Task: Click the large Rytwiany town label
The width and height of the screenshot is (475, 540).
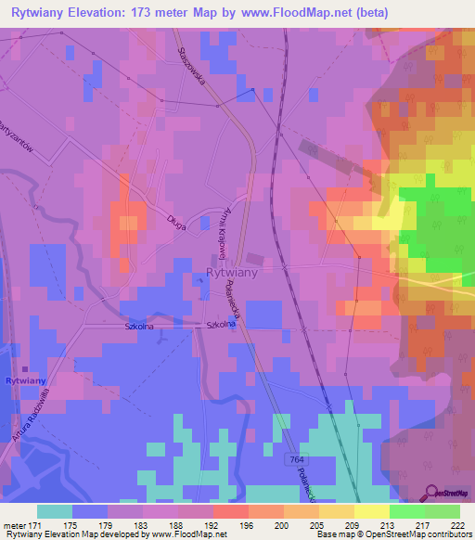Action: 230,274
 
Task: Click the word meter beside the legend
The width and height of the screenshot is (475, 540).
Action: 16,525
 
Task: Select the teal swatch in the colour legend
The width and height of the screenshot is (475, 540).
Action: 55,511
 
